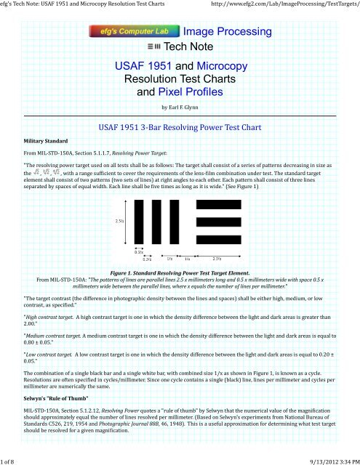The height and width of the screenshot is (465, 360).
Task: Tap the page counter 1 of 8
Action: tap(12, 458)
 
